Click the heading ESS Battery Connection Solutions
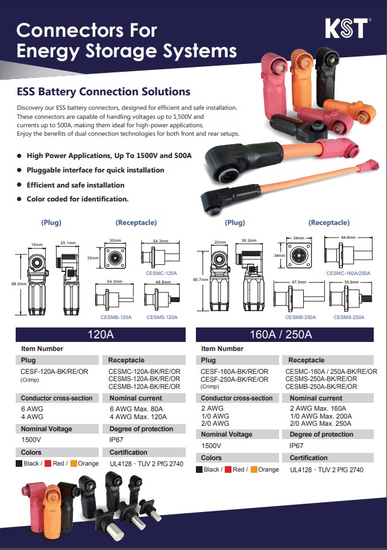pyautogui.click(x=104, y=92)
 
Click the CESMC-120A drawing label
pyautogui.click(x=161, y=273)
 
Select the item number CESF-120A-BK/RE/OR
pyautogui.click(x=54, y=371)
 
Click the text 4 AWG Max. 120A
pyautogui.click(x=138, y=417)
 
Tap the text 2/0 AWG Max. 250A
pyautogui.click(x=319, y=423)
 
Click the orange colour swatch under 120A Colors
pyautogui.click(x=74, y=464)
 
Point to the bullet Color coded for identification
pyautogui.click(x=77, y=199)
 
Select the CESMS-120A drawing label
pyautogui.click(x=162, y=317)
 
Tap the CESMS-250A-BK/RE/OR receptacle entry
pyautogui.click(x=321, y=379)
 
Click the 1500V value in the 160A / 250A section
pyautogui.click(x=211, y=446)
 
